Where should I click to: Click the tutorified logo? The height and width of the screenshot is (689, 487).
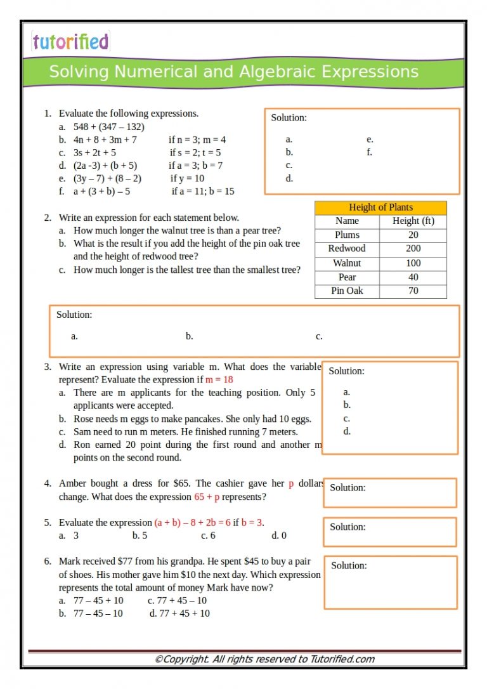click(x=70, y=42)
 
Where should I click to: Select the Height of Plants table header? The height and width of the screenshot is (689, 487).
click(x=380, y=207)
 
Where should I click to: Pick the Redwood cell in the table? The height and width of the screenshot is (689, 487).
click(x=347, y=249)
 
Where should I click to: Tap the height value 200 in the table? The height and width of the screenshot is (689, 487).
click(x=413, y=249)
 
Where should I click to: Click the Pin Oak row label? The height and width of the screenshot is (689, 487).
click(x=347, y=291)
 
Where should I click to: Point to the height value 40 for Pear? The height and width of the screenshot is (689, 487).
click(x=413, y=277)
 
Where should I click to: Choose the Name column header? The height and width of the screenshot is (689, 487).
click(x=347, y=221)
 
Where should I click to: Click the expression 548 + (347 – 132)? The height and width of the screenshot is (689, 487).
click(x=108, y=127)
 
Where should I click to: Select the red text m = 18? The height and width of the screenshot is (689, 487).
click(x=219, y=379)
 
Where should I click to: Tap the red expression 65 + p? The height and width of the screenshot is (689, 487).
click(x=207, y=497)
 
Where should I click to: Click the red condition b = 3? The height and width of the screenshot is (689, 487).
click(x=252, y=523)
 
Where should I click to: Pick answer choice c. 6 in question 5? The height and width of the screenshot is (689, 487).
click(x=208, y=535)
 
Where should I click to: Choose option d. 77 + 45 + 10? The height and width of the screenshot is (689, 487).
click(x=179, y=614)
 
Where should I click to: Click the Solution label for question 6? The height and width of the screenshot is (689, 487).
click(x=349, y=565)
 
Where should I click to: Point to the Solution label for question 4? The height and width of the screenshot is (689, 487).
click(x=347, y=488)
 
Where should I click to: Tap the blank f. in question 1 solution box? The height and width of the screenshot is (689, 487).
click(x=369, y=152)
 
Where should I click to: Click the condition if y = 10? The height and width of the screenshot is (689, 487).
click(x=188, y=178)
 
